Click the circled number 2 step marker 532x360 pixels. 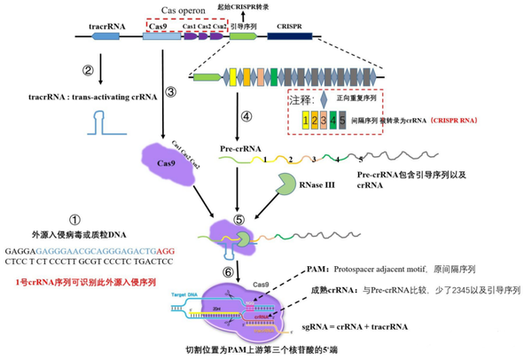click(88, 70)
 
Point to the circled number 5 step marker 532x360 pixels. click(239, 219)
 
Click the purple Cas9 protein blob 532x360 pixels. click(161, 165)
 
